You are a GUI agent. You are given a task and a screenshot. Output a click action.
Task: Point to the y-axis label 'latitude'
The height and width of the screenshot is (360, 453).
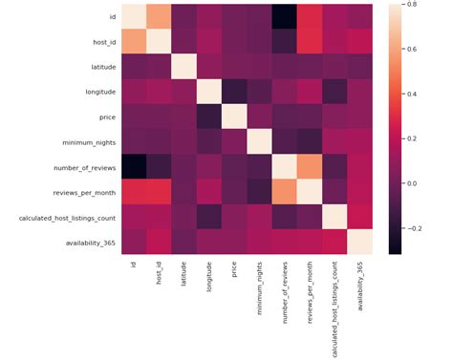pyautogui.click(x=96, y=67)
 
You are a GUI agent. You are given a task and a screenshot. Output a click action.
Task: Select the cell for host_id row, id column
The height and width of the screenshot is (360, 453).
pyautogui.click(x=133, y=42)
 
